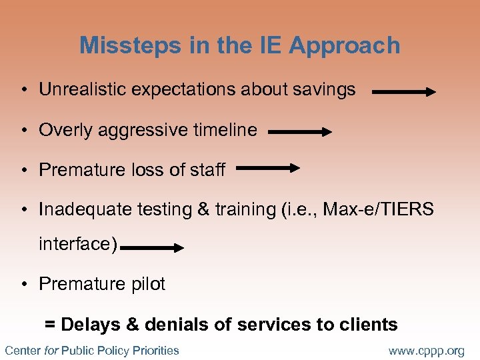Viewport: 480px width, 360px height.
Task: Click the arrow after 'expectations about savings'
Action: (404, 93)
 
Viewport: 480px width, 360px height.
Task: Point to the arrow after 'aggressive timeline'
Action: (300, 133)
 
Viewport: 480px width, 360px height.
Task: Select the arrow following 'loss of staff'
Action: (268, 169)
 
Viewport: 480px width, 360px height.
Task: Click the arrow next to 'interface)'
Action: (153, 248)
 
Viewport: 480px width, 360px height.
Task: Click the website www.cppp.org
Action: (426, 350)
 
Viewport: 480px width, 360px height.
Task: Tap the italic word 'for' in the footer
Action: (51, 350)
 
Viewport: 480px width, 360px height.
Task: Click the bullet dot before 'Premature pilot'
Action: (23, 285)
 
